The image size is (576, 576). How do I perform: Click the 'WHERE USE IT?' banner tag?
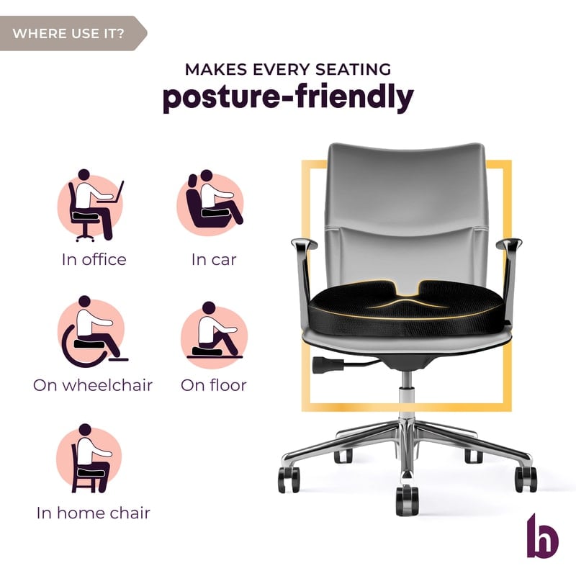coord(71,33)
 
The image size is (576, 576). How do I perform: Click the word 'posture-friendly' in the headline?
coord(289,96)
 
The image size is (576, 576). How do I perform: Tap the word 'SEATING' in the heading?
coord(354,69)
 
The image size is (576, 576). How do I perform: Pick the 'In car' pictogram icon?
coord(211,203)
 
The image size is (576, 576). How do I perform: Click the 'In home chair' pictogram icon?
coord(89,459)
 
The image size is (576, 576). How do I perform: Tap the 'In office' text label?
coord(94,260)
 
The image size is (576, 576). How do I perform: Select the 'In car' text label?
coord(214,260)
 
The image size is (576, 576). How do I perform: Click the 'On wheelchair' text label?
coord(93,385)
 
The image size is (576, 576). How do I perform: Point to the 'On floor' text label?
coord(214,385)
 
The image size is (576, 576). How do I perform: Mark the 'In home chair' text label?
coord(94,513)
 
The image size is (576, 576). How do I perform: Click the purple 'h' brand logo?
coord(542,536)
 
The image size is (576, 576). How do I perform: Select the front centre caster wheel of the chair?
coord(407,500)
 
